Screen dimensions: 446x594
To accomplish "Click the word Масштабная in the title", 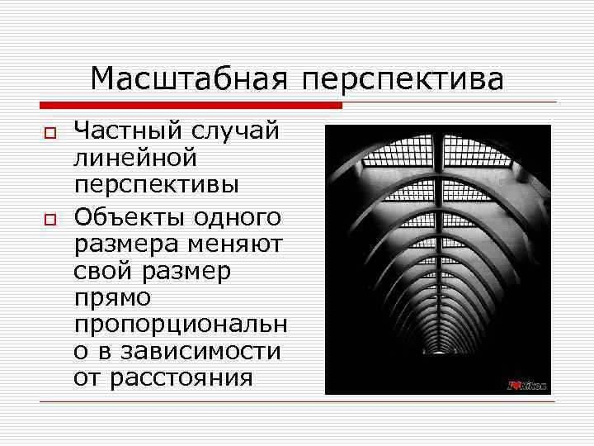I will tap(188, 79).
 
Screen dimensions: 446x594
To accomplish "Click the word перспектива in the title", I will tap(402, 81).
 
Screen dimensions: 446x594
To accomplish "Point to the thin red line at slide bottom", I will tap(297, 402).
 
